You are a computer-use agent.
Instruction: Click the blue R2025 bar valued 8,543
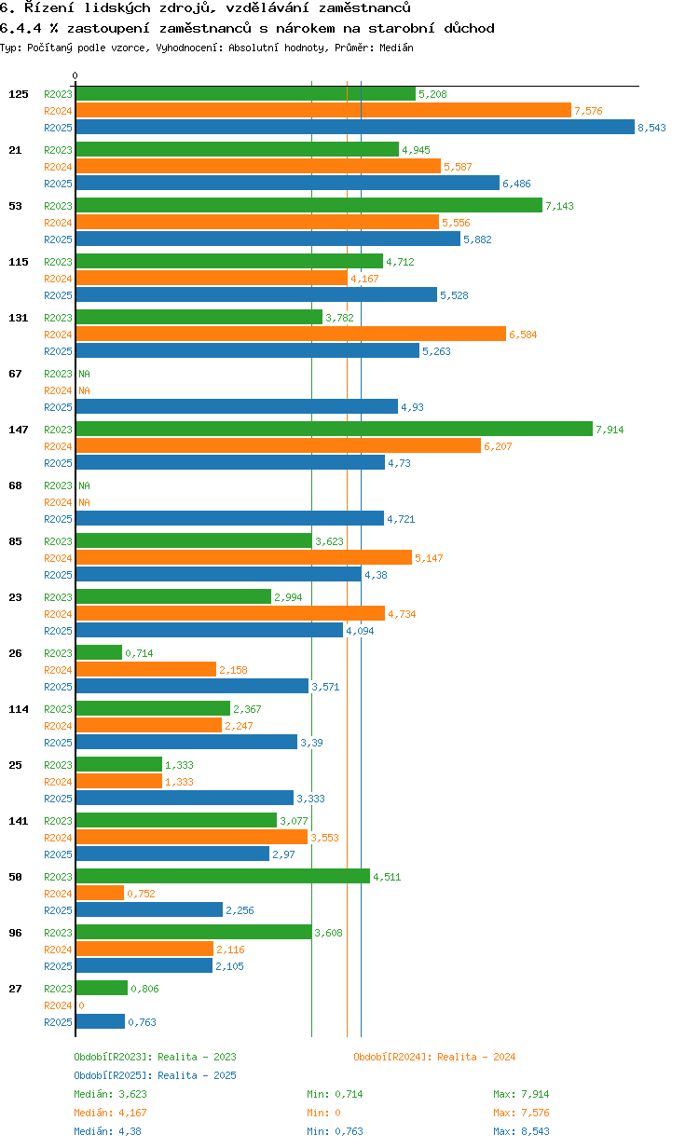click(x=354, y=128)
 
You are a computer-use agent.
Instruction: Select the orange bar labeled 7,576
click(x=322, y=111)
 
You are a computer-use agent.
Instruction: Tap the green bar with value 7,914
click(x=334, y=429)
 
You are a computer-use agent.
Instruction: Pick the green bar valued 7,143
click(x=308, y=205)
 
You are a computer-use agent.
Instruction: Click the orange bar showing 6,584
click(x=291, y=334)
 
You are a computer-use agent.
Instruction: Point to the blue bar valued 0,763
click(x=100, y=1021)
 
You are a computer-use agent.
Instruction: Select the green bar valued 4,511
click(x=223, y=876)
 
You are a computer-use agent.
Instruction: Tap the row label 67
click(x=15, y=374)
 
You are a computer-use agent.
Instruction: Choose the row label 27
click(x=15, y=989)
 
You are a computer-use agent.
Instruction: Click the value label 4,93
click(x=412, y=407)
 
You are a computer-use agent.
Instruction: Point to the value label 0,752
click(x=141, y=894)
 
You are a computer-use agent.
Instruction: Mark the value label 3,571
click(x=326, y=687)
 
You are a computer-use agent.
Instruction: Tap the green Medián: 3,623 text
click(x=110, y=1094)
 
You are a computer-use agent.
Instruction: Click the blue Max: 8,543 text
click(x=521, y=1131)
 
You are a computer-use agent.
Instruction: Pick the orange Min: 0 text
click(x=326, y=1113)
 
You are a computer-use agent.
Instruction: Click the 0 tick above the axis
click(x=75, y=75)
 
